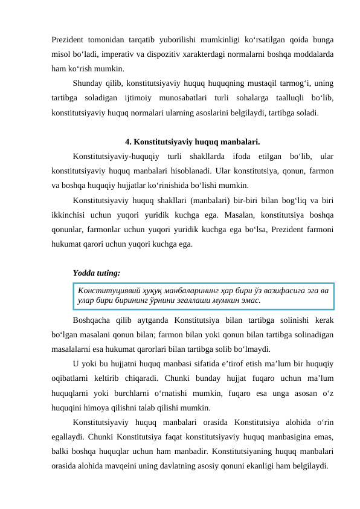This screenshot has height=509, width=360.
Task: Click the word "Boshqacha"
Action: [x=92, y=320]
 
